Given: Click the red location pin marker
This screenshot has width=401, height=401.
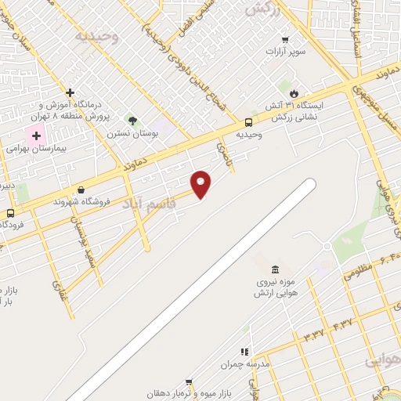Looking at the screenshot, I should [x=201, y=185].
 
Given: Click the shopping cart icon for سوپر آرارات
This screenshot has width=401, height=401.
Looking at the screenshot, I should [x=286, y=40].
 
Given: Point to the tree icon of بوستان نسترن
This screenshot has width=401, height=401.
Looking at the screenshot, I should [x=132, y=121].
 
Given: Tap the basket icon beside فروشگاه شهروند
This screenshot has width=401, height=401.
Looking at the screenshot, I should [x=81, y=189].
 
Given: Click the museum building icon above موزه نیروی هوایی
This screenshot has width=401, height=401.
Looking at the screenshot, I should [x=274, y=270].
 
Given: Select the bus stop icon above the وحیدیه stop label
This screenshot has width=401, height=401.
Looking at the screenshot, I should [x=248, y=122].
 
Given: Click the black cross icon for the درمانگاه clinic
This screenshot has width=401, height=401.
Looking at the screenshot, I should [x=70, y=92].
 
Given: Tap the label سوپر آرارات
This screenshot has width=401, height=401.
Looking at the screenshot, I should [x=285, y=52].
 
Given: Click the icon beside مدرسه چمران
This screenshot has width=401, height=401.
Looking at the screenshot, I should [x=244, y=352].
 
